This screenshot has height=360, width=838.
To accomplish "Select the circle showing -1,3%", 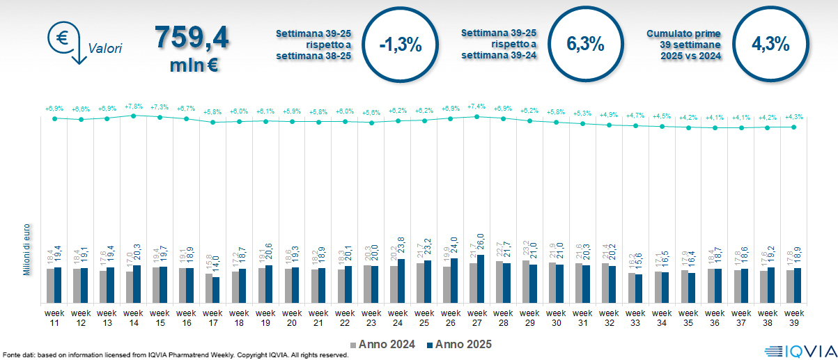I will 401,45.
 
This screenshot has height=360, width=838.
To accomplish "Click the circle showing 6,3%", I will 585,45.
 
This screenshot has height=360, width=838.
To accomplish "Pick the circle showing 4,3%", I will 770,45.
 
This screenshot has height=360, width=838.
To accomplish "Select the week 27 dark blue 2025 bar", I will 481,279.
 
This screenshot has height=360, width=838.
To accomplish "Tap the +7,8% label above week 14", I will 133,107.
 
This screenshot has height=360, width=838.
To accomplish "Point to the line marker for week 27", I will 477,116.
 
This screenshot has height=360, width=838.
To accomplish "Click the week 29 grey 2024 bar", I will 526,281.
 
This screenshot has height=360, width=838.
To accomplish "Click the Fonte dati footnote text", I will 174,355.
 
